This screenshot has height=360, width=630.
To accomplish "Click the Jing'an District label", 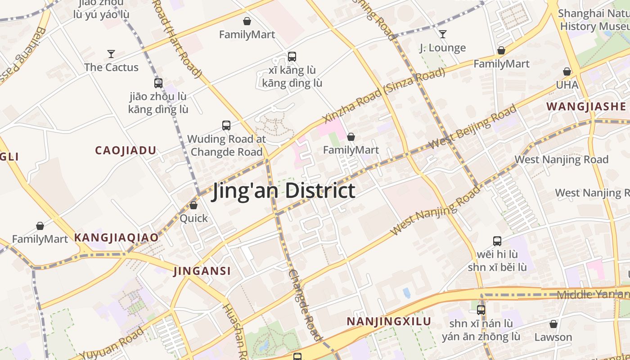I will point(284,191).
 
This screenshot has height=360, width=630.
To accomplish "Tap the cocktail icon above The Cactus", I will point(111,54).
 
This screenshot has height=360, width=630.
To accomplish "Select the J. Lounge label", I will point(442,48).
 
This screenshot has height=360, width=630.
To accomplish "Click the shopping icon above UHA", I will point(567,72).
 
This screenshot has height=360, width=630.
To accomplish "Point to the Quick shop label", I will point(193,218).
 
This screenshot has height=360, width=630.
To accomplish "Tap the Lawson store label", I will point(553,337).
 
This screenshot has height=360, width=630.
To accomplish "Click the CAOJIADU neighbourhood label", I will point(126,151).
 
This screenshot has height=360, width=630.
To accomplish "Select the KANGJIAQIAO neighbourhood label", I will point(116,238).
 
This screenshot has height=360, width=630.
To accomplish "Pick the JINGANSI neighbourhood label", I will point(202,271).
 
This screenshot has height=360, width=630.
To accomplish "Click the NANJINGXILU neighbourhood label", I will point(389,322).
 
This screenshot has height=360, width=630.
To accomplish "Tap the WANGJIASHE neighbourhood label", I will point(586,107).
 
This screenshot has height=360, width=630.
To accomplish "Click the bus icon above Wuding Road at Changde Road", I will point(226,126).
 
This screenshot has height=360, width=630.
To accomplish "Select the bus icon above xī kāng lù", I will point(292,57).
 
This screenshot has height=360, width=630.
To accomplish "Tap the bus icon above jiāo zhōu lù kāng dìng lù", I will point(158,83).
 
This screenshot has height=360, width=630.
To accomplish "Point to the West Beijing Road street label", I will point(472,127).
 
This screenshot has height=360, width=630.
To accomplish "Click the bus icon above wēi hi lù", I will point(497,241).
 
